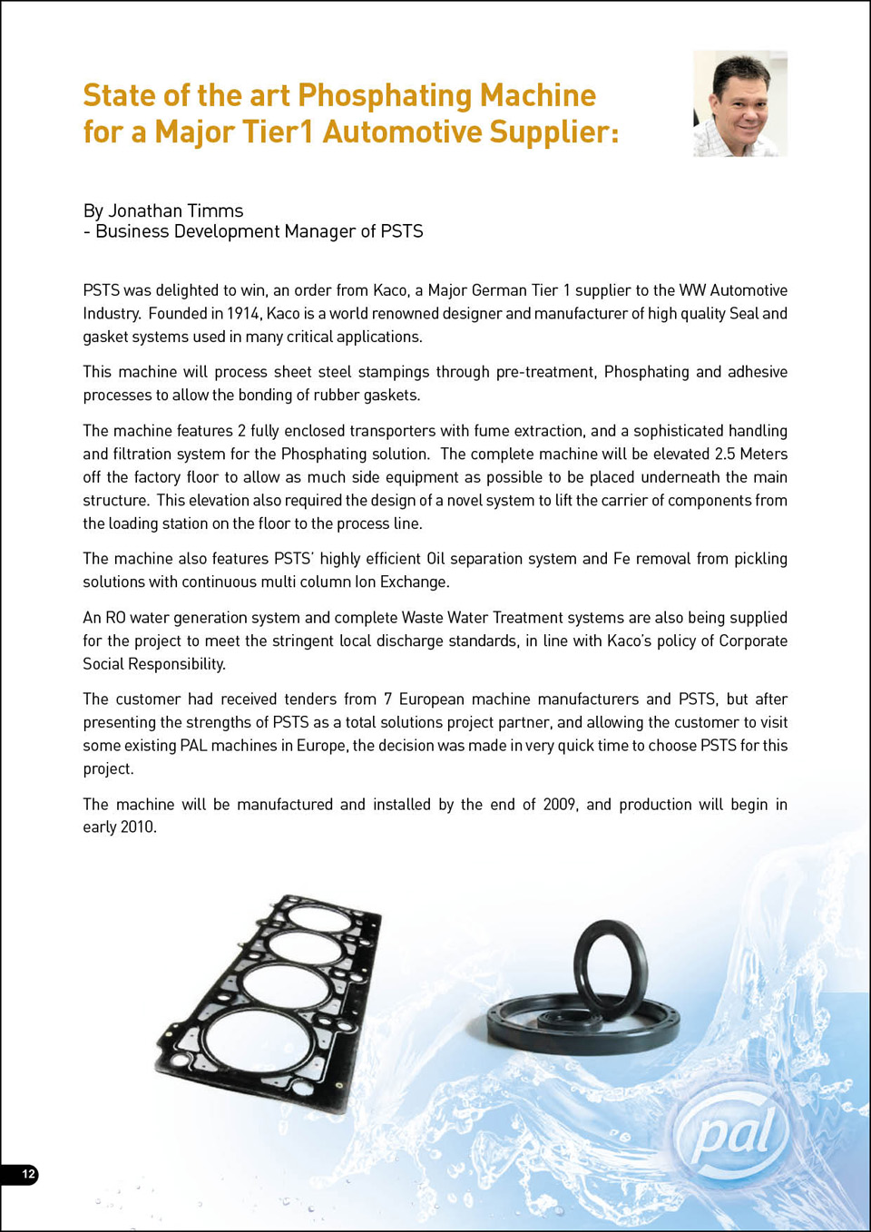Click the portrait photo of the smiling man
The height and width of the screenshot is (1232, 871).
click(740, 103)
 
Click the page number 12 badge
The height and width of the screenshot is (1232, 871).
click(28, 1174)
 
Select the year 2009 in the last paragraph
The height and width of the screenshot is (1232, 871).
click(559, 805)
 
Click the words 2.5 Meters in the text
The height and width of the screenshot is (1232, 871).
click(750, 454)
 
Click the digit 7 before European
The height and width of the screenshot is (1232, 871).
click(387, 699)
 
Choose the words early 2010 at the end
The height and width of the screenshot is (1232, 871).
click(119, 827)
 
